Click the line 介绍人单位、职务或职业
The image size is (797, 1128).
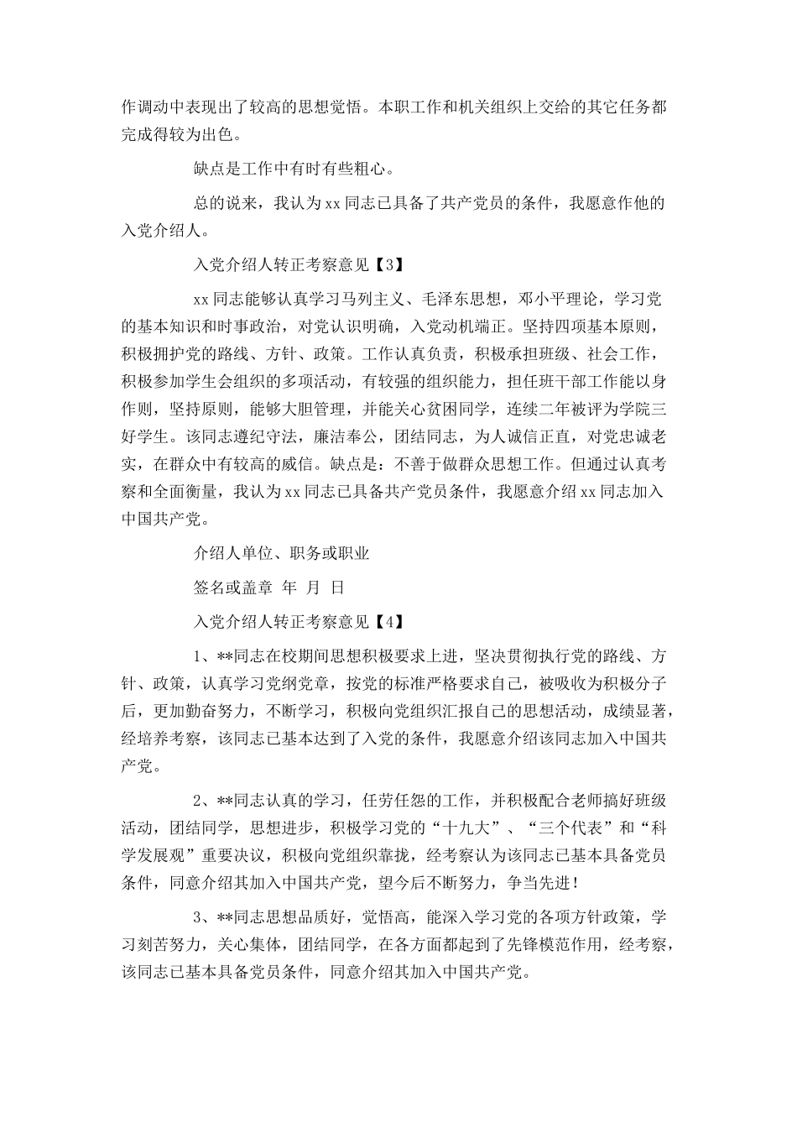click(x=281, y=553)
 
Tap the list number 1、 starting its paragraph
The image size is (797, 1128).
click(x=202, y=656)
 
